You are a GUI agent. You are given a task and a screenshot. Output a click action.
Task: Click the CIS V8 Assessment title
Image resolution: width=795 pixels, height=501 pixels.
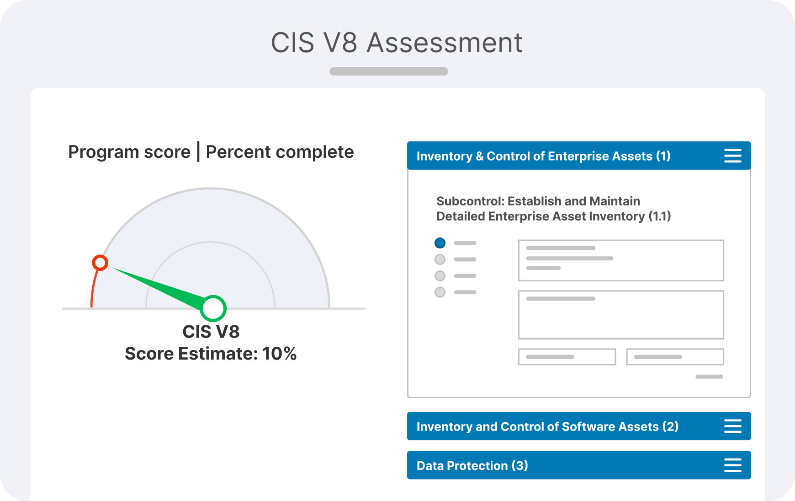coord(397,43)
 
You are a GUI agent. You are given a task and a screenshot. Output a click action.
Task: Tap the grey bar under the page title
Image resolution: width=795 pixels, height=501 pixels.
coord(389,71)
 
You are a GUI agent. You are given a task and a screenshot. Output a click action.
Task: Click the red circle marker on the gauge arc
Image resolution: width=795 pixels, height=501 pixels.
coord(100,263)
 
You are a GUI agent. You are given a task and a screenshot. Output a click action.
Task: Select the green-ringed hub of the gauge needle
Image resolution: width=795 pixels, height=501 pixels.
coord(213,308)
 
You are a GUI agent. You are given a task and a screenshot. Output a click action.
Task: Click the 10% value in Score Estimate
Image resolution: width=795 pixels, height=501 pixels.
coord(279,354)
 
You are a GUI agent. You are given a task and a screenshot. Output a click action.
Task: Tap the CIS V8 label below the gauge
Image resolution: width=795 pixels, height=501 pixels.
coord(211,332)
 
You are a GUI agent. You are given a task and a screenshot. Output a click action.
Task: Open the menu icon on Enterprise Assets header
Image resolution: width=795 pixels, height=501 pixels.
coord(733,156)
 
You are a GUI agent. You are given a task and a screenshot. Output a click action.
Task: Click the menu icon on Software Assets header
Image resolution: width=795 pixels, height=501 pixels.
coord(733,426)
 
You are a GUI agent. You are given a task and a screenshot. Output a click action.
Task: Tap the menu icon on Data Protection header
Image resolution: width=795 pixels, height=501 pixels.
coord(733,465)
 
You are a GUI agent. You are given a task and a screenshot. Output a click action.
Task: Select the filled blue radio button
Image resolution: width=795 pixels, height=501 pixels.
coord(440,243)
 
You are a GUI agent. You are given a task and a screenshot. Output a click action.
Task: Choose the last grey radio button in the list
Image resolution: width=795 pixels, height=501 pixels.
coord(440,292)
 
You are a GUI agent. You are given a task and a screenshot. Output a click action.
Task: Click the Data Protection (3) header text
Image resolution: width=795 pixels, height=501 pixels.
coord(472,466)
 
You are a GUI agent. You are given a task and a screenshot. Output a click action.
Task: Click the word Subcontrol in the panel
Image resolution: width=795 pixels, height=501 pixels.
coord(470,201)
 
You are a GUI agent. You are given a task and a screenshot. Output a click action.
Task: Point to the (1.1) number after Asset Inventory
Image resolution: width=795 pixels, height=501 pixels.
coord(660,216)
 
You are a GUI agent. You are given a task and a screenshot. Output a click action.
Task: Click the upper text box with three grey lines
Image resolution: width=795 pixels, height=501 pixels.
coord(621,260)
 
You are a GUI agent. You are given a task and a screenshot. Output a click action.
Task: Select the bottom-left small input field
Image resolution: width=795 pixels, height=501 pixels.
coord(567,357)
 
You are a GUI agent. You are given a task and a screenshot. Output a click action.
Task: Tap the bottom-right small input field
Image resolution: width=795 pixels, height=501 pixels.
coord(675,357)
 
